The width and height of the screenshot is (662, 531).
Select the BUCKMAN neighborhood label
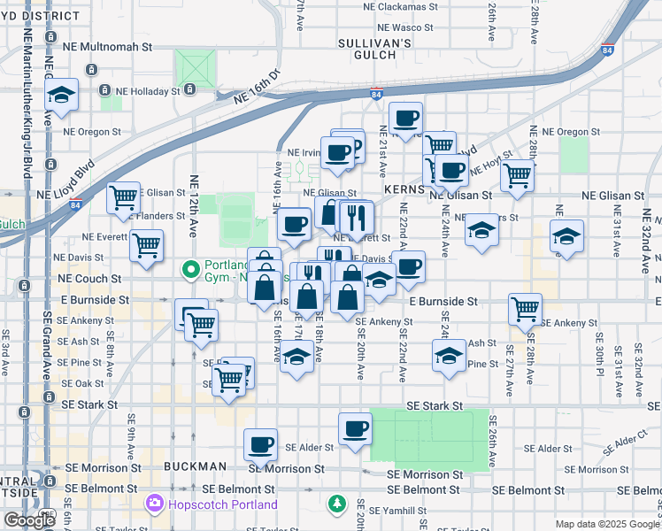(x=196, y=466)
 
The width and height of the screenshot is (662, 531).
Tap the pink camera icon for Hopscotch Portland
(x=155, y=504)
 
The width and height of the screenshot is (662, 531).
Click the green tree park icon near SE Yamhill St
(x=337, y=504)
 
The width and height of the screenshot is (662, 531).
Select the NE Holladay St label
(x=145, y=90)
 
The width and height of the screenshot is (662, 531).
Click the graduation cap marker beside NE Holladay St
(x=60, y=96)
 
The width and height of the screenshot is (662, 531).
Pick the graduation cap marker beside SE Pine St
(x=450, y=357)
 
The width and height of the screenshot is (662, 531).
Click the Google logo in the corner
(x=29, y=519)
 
